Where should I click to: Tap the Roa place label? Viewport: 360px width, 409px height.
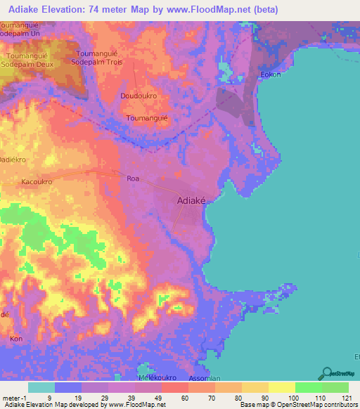point(133,178)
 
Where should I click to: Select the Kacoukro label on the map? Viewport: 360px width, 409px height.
point(37,181)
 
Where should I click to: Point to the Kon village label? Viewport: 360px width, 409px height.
point(15,339)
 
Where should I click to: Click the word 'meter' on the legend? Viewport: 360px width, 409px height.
point(10,397)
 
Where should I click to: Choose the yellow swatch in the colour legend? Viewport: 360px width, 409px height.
point(281,387)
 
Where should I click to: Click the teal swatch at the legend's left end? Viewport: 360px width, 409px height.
point(41,387)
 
